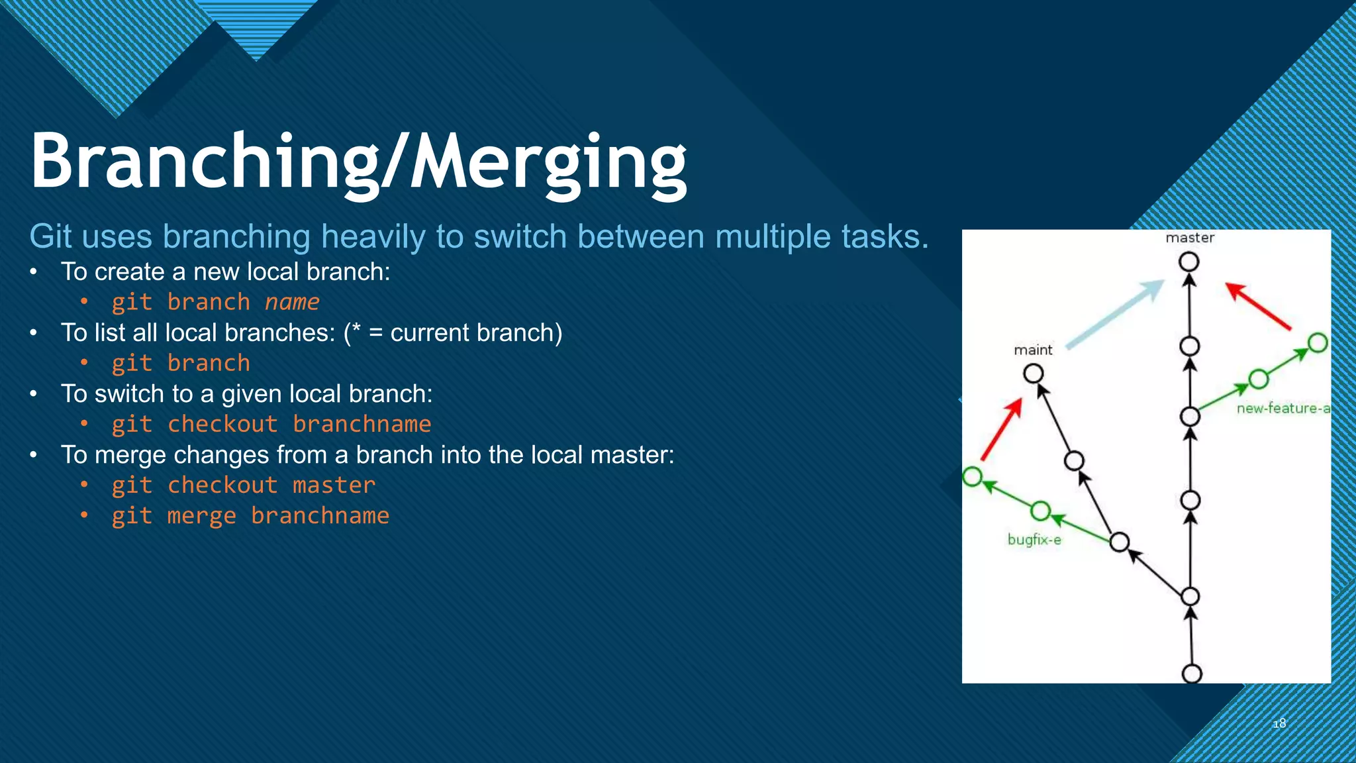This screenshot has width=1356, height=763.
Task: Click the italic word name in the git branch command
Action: point(292,302)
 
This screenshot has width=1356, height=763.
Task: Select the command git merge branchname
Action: point(250,515)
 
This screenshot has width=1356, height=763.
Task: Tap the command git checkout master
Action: point(243,485)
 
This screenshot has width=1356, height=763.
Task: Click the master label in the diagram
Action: point(1190,238)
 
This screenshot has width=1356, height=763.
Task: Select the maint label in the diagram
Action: point(1033,350)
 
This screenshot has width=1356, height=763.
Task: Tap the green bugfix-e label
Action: point(1034,540)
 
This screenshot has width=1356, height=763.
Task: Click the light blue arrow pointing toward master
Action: point(1116,314)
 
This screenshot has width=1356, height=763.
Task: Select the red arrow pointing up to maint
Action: point(1001,429)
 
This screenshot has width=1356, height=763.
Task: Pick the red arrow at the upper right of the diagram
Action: point(1259,306)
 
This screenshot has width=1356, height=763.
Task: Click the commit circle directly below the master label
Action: point(1189,262)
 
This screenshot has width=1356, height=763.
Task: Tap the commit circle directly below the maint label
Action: point(1034,374)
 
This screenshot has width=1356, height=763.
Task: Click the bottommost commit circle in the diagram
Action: point(1192,674)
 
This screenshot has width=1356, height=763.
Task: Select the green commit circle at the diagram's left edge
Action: point(972,476)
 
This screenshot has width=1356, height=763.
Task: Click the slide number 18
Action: point(1279,723)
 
